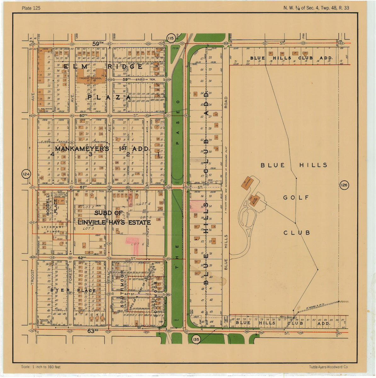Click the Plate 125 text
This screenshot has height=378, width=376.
[x=31, y=8]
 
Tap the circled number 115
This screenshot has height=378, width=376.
[x=170, y=38]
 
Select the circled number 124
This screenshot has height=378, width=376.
[x=26, y=174]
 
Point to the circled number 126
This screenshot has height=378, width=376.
[x=344, y=185]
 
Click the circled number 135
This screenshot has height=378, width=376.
[x=196, y=340]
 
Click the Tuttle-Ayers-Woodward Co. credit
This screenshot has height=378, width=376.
[x=328, y=367]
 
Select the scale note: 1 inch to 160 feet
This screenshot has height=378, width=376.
[x=41, y=367]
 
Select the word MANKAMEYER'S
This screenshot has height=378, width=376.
[x=82, y=149]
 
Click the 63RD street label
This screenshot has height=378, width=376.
[x=93, y=330]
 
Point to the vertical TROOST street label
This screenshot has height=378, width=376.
[x=33, y=277]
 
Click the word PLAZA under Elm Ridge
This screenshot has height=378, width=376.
[x=109, y=98]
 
